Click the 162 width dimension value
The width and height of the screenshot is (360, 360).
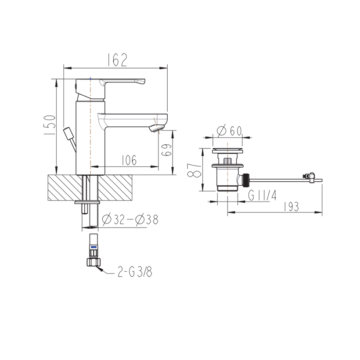(x=117, y=60)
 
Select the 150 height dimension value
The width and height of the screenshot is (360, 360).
(x=50, y=125)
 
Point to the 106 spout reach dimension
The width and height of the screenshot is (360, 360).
(x=129, y=160)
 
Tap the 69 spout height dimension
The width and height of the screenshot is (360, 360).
(x=166, y=150)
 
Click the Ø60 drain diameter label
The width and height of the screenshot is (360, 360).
(x=229, y=131)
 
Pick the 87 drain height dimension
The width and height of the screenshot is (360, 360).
(x=194, y=170)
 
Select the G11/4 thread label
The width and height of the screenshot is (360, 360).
(x=263, y=195)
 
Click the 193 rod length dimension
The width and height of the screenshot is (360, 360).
(x=292, y=207)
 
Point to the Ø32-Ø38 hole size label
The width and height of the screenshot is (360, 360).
(x=130, y=220)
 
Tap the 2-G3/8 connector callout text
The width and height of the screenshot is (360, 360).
(x=135, y=272)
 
